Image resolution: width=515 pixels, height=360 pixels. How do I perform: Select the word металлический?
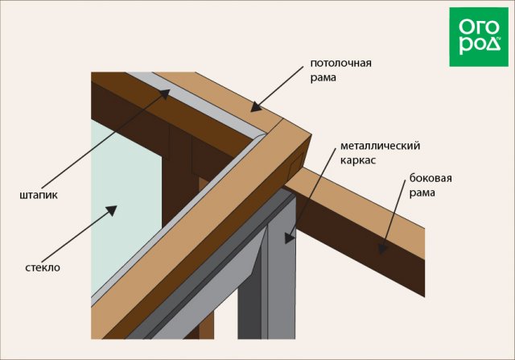coord(380,147)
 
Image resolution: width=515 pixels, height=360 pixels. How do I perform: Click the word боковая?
coord(431,178)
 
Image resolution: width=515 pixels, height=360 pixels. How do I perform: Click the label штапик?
coord(37,195)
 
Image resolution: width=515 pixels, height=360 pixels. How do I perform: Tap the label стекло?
coord(43,267)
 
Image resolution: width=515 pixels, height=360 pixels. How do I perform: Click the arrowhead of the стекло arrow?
coord(112,210)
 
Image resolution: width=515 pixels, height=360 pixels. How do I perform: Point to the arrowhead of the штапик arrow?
coord(167,94)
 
